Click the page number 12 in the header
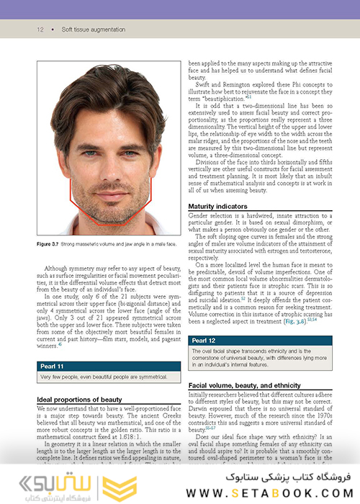click(40, 30)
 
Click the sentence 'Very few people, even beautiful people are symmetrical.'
click(104, 377)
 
